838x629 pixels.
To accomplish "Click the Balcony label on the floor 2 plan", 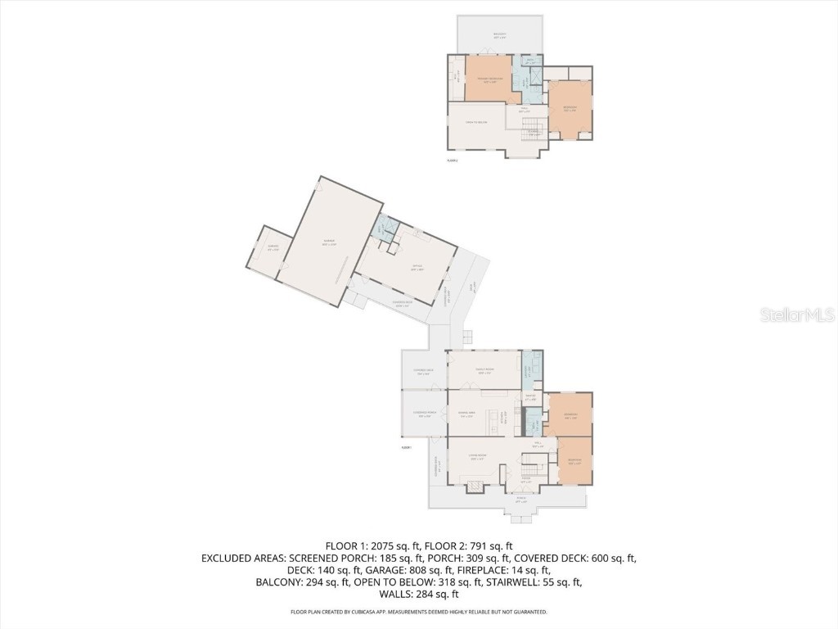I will (500, 36).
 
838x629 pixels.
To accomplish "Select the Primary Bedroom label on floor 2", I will (490, 80).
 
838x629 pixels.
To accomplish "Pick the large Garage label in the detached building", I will (328, 242).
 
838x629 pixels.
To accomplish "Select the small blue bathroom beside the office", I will (381, 229).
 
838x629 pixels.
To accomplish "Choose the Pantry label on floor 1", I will (530, 397).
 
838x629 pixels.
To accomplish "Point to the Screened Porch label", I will (424, 414).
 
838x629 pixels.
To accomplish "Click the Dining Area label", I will (467, 415).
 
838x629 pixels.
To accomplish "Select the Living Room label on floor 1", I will (478, 456).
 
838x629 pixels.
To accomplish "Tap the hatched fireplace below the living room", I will (475, 487).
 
